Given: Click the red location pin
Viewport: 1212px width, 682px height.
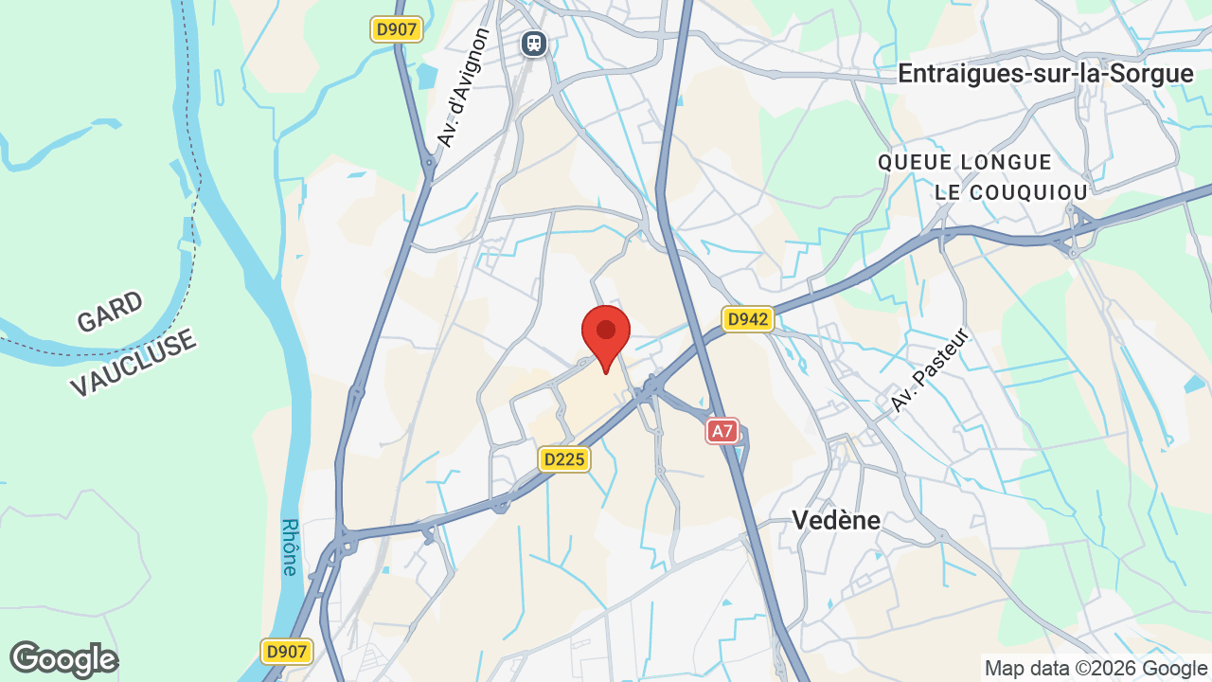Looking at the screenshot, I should [x=606, y=333].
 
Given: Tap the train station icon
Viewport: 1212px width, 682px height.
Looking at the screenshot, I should [x=535, y=43].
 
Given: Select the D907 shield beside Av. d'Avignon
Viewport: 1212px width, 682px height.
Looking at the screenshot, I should [x=396, y=29].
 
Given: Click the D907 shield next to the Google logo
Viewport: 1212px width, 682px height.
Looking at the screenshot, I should [x=286, y=651].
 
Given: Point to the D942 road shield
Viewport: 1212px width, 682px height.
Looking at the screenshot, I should [x=748, y=319].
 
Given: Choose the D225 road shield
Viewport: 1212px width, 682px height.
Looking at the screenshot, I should [x=564, y=459].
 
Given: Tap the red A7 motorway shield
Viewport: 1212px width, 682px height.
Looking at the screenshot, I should [x=722, y=432].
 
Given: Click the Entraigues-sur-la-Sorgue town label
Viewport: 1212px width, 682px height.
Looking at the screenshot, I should [x=1045, y=74].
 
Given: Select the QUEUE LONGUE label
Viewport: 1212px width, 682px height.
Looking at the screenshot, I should [x=965, y=162].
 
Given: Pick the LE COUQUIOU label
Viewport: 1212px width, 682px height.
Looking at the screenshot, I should [x=1011, y=192].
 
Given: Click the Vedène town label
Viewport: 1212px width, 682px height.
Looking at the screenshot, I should [x=836, y=520].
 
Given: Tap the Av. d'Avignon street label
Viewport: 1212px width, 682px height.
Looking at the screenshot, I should [x=464, y=87].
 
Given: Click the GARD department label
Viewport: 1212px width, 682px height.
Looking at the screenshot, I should [x=110, y=312].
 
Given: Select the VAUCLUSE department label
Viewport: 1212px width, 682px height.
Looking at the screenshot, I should [x=133, y=363].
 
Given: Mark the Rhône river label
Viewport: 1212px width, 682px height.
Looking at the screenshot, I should [x=290, y=547].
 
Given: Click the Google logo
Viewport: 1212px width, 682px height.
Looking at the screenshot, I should [x=63, y=659].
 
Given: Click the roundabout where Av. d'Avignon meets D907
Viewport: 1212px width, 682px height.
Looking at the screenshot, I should [x=429, y=163].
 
